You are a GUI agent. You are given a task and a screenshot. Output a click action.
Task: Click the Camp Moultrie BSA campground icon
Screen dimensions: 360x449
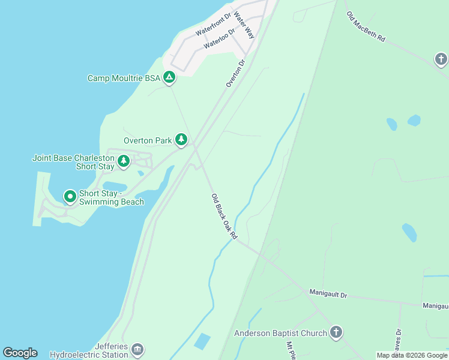pos(169,77)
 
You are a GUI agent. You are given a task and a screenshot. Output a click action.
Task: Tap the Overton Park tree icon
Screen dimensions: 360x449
pos(181,140)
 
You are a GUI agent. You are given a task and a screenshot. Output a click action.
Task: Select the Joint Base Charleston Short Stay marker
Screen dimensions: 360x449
pos(124,161)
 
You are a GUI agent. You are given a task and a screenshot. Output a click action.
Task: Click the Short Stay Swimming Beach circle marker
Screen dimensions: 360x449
pos(70,196)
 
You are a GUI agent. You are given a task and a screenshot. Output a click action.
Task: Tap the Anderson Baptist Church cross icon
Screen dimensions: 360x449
pos(336,332)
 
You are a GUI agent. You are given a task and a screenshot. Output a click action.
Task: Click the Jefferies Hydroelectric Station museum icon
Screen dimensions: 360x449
pos(137,349)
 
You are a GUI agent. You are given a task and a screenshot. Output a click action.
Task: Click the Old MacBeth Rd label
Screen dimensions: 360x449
pos(366,26)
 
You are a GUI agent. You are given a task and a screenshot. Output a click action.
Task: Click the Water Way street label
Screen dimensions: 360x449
pos(244,25)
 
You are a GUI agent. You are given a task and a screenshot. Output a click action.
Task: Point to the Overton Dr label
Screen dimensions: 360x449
pos(236,73)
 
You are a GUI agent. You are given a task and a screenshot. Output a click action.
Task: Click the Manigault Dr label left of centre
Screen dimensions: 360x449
pos(328,294)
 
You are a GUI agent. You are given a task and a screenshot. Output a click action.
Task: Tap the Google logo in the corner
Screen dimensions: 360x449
pos(20,353)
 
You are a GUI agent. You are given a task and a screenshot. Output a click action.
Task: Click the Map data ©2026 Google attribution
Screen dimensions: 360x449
pos(412,355)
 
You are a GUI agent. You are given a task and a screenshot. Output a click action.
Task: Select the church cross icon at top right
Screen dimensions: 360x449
pos(441,59)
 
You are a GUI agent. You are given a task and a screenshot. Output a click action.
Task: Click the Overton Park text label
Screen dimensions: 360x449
pos(148,141)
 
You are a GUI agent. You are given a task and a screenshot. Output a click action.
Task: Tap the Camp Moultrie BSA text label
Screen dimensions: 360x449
pos(124,78)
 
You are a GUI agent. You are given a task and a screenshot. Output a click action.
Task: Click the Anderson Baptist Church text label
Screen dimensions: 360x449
pos(280,333)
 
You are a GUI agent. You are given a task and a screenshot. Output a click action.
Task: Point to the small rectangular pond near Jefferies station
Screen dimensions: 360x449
pos(202,341)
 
